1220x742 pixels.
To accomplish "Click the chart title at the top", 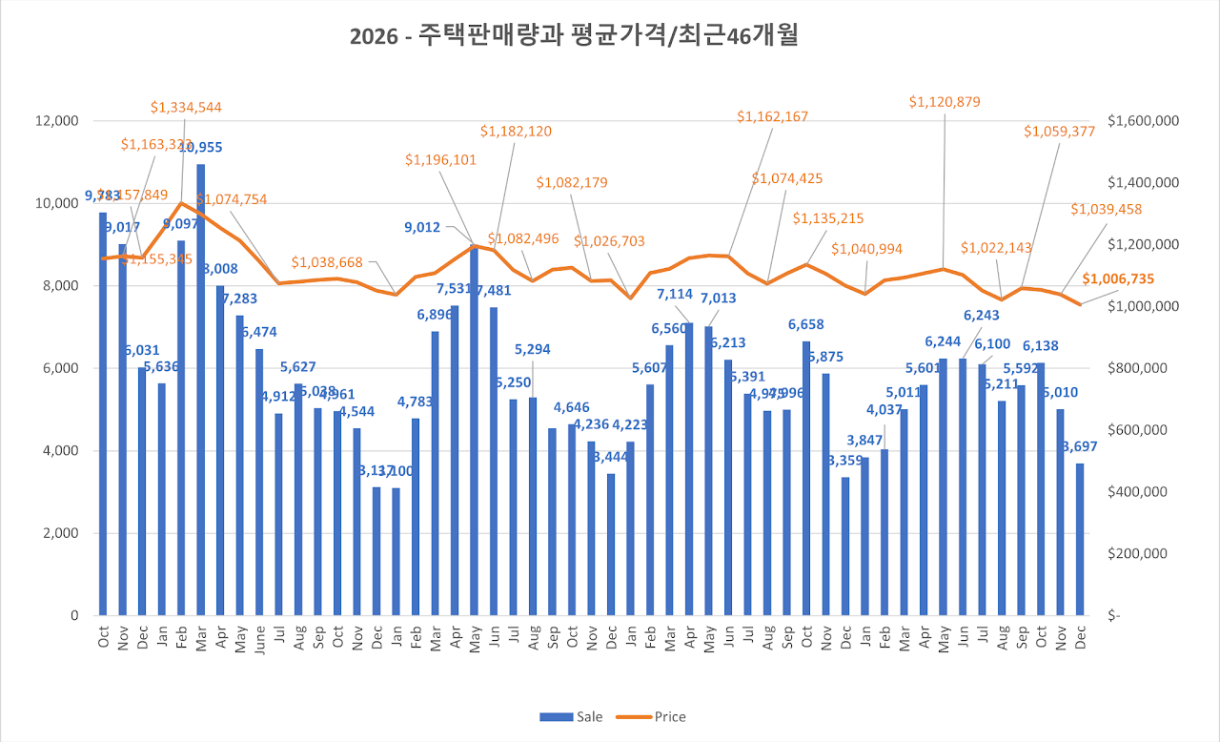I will (x=574, y=37).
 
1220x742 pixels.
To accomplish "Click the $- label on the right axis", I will (x=1116, y=616).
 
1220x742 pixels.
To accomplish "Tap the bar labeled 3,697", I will (x=1080, y=539).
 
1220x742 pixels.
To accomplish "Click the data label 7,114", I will (x=674, y=294).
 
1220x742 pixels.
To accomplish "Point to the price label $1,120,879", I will (x=945, y=101).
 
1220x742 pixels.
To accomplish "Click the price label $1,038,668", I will (x=327, y=261).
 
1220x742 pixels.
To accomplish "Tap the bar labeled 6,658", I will (x=806, y=478).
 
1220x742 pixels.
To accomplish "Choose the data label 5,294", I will (x=534, y=350).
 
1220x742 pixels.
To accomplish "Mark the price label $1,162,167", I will (x=772, y=116).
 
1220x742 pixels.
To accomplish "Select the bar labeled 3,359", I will (x=845, y=546).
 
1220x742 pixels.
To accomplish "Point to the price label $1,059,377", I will (x=1060, y=132).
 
